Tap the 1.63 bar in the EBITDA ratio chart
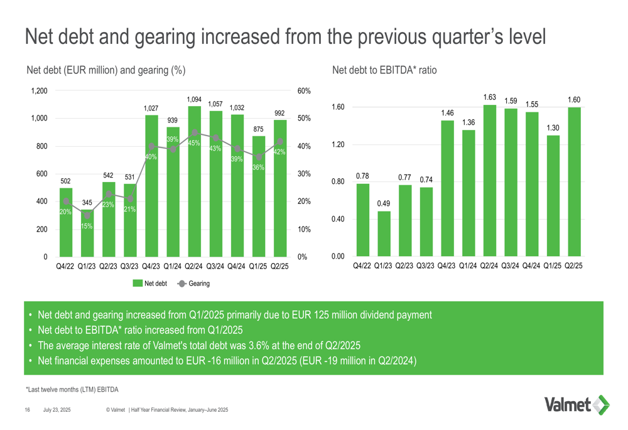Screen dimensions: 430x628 coord(489,182)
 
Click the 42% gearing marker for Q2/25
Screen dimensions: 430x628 coord(279,142)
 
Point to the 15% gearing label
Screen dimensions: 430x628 coord(87,226)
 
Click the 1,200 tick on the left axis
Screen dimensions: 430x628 coord(39,91)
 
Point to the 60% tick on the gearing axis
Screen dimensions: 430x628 coord(304,91)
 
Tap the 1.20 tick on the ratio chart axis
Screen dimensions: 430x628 coord(337,145)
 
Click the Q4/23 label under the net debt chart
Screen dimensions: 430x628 coord(151,266)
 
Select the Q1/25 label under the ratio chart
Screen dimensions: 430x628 coord(553,266)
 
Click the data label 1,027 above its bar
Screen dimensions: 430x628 coord(151,109)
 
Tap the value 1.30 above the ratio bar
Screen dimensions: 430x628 coord(553,128)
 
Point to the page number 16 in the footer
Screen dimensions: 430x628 coord(28,410)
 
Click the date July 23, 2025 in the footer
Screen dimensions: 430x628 coord(57,410)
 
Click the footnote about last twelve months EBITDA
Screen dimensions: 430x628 coord(72,389)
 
